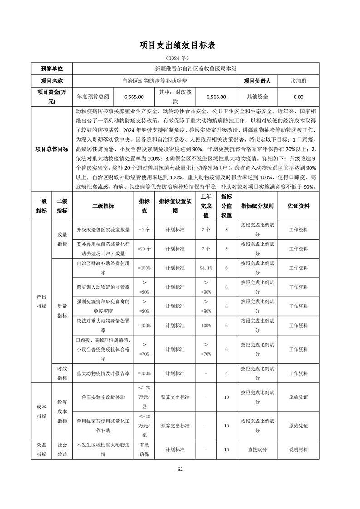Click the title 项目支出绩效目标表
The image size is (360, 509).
(x=180, y=45)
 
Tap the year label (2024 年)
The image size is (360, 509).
(x=180, y=59)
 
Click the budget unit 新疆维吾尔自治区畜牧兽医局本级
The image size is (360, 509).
(x=196, y=69)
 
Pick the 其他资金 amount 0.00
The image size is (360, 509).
(x=298, y=97)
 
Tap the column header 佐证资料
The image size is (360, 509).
(x=298, y=206)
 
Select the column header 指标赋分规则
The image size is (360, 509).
(x=257, y=206)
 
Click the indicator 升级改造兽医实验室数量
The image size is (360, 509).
(x=103, y=230)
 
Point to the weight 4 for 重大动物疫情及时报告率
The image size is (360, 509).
(x=226, y=373)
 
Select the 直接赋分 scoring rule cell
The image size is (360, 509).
(x=257, y=450)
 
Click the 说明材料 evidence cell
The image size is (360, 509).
(x=298, y=450)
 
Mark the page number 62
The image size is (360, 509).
(x=180, y=469)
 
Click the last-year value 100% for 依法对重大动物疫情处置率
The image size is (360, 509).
(x=206, y=326)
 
